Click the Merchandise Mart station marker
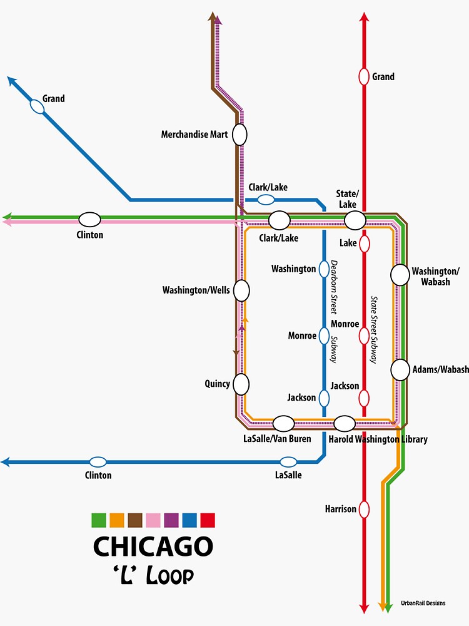coord(240,134)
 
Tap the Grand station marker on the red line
coord(363,76)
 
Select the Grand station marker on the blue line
coord(38,107)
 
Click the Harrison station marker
coord(364,509)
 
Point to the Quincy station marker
coord(241,384)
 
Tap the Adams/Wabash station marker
coord(400,369)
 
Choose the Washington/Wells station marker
coord(241,290)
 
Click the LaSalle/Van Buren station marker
coord(283,424)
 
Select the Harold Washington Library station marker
coord(345,424)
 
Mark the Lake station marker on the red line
coord(364,243)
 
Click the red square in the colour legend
coord(208,520)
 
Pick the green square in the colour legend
coord(99,520)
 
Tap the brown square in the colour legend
coord(135,520)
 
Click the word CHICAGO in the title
coord(153,546)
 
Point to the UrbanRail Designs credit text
coord(423,603)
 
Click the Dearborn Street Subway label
coord(334,311)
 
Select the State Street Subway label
coord(374,330)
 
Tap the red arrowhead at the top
coord(364,17)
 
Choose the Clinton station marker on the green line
coord(89,219)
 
